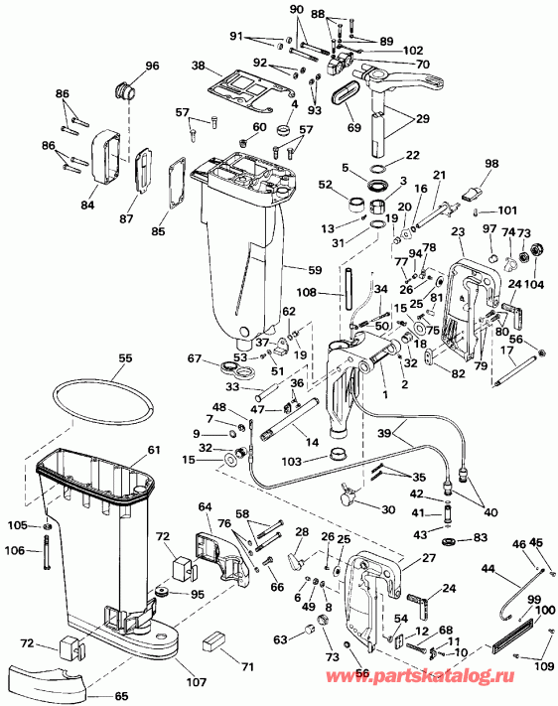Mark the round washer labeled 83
pos(446,539)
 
